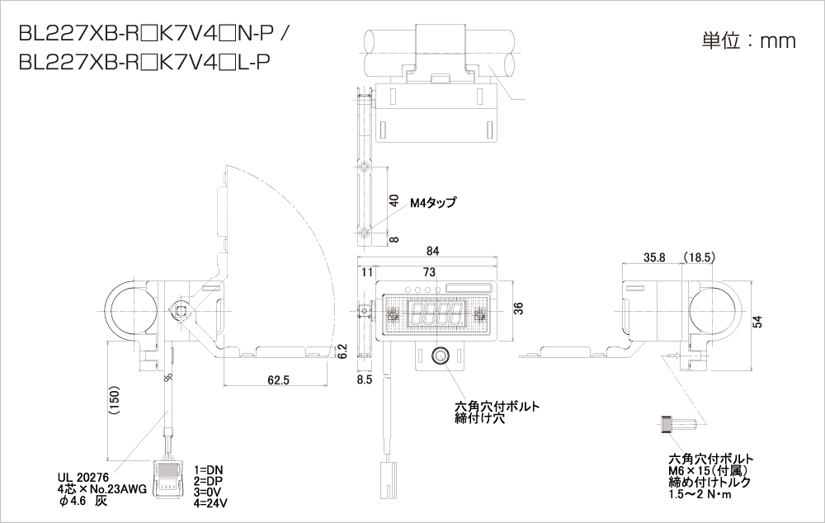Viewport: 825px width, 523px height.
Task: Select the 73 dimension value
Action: (429, 271)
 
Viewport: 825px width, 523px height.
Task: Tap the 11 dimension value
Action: (367, 271)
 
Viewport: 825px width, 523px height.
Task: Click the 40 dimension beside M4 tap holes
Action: (394, 200)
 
